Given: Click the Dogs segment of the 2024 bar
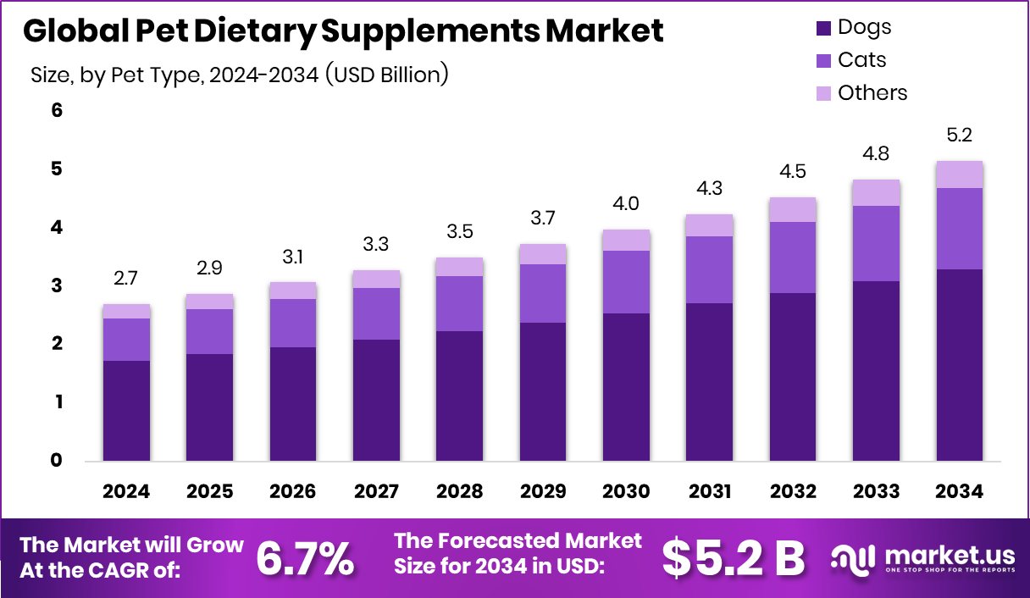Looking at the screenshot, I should [x=126, y=411].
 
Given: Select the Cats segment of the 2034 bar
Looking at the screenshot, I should [x=960, y=229].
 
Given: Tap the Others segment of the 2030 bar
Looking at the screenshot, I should [x=626, y=240].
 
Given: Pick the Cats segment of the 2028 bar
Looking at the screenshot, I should [x=459, y=303].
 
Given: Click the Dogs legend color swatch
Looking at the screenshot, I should [x=823, y=28].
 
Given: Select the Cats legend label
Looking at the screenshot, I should [x=861, y=60].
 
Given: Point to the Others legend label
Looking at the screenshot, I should [x=872, y=93].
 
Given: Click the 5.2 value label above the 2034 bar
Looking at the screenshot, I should [x=960, y=136].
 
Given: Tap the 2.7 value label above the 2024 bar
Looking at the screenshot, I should [x=126, y=279].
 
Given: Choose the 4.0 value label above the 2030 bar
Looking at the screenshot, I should [x=626, y=204].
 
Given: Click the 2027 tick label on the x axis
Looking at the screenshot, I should [x=376, y=492].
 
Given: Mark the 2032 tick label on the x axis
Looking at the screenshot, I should [x=793, y=492].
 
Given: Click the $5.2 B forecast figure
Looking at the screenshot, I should [x=733, y=557].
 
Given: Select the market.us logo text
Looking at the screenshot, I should [x=949, y=556].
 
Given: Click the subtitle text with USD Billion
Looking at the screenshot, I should [x=239, y=75].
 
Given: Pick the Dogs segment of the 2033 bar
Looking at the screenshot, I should [x=876, y=371].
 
